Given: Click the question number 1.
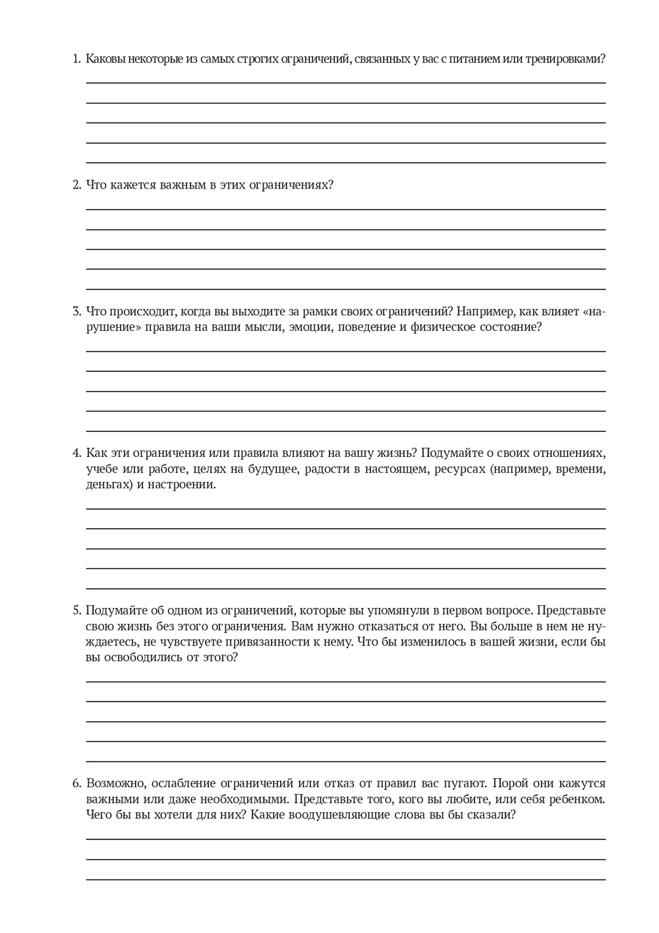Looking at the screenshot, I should pos(76,59).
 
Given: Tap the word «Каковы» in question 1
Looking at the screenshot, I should pos(105,59).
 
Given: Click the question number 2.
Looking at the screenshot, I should pos(76,185).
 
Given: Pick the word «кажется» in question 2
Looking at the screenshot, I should pos(132,185).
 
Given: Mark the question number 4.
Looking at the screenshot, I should pos(76,453).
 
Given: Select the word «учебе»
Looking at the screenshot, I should pos(102,469).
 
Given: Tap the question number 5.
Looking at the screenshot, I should pos(76,611).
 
